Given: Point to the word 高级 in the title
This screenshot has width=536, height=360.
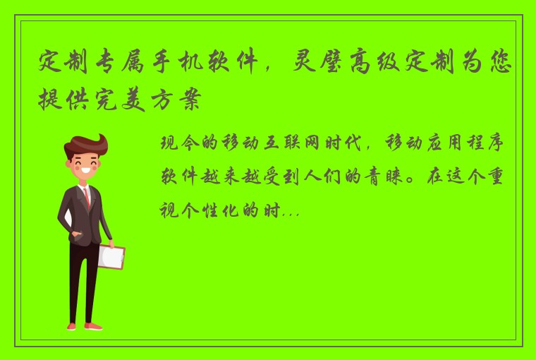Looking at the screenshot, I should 391,64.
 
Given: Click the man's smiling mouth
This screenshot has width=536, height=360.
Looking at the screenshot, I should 87,172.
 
